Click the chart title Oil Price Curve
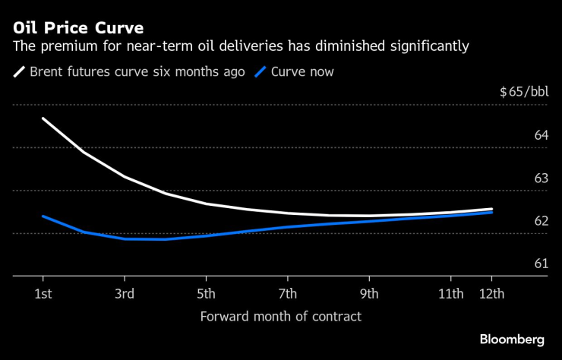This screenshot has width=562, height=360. [x=78, y=28]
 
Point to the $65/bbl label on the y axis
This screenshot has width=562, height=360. [x=523, y=93]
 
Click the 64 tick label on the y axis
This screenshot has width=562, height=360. [x=541, y=135]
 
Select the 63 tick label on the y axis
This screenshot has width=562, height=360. [x=541, y=178]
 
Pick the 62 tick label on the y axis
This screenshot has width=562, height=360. [x=541, y=221]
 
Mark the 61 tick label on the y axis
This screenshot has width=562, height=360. [x=541, y=264]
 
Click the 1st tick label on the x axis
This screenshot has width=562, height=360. [x=43, y=294]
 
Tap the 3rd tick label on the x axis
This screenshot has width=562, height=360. [x=125, y=294]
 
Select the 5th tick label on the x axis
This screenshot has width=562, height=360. [x=206, y=294]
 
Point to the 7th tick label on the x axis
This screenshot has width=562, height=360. [x=287, y=294]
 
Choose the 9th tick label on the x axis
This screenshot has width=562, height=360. [x=369, y=294]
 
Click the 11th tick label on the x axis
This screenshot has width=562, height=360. [x=450, y=294]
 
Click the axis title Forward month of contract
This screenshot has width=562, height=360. [x=280, y=316]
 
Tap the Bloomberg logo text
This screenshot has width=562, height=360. [x=513, y=339]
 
